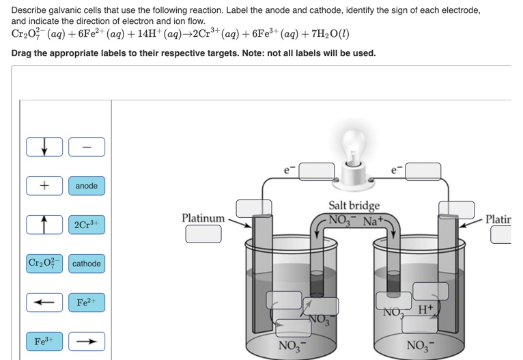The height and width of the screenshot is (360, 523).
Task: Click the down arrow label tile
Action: pyautogui.click(x=45, y=147)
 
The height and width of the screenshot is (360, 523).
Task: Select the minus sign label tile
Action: pyautogui.click(x=87, y=147)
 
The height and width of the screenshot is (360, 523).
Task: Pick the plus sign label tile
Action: pyautogui.click(x=45, y=186)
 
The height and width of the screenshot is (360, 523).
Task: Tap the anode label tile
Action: pyautogui.click(x=87, y=186)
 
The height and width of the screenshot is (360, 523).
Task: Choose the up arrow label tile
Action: pyautogui.click(x=45, y=224)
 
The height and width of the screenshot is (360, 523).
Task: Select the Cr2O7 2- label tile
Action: pyautogui.click(x=45, y=263)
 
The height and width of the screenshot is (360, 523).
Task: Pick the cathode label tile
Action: pyautogui.click(x=87, y=264)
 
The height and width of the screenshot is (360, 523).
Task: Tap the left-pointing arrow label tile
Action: pyautogui.click(x=45, y=302)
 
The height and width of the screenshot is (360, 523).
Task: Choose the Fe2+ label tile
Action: pyautogui.click(x=87, y=302)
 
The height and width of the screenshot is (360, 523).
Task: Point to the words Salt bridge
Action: pyautogui.click(x=354, y=205)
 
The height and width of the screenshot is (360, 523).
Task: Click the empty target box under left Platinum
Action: pyautogui.click(x=203, y=234)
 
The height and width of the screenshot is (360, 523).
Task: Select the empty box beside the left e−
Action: pyautogui.click(x=316, y=171)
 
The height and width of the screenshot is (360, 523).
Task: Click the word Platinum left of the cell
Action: pyautogui.click(x=203, y=218)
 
